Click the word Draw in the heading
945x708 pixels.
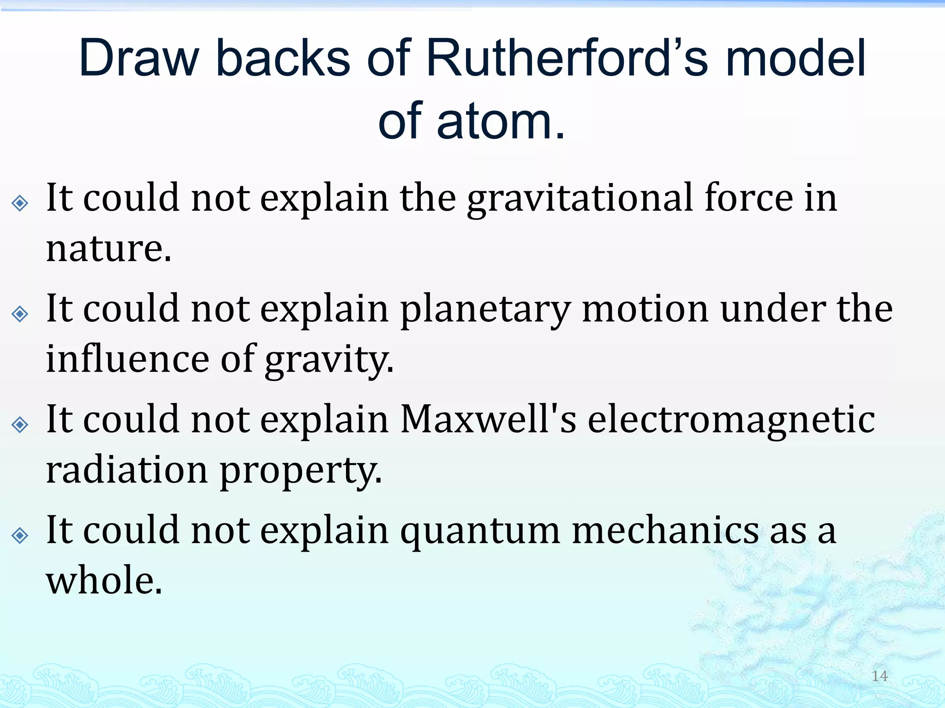pos(138,59)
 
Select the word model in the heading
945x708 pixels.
pos(795,59)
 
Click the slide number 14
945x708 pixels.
pos(879,676)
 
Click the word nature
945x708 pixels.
pos(108,249)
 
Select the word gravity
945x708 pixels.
pos(329,360)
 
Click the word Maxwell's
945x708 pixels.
pos(488,419)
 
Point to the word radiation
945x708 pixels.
pos(127,471)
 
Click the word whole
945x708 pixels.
pos(104,581)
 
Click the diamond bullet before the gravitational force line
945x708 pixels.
pos(20,203)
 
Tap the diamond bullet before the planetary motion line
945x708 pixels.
pos(20,314)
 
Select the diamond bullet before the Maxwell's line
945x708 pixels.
pos(20,425)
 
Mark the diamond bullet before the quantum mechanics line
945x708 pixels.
pos(20,536)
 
